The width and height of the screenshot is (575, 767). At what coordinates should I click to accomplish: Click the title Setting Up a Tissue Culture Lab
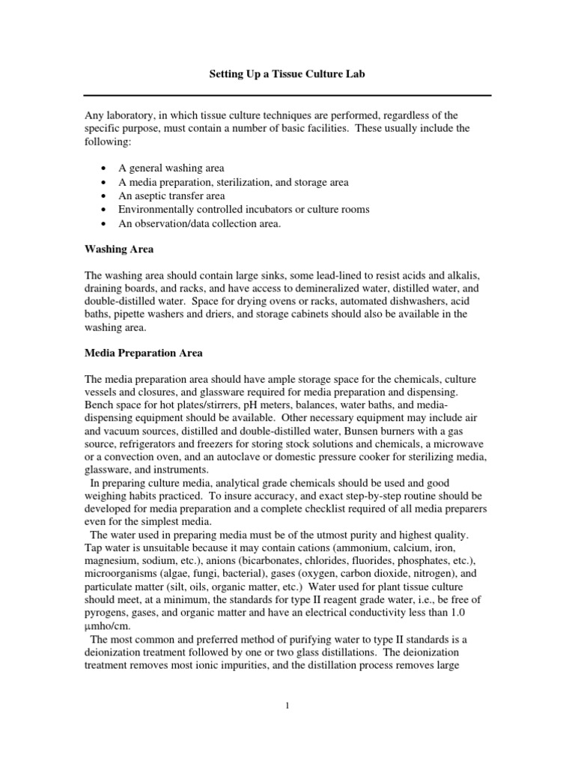[286, 76]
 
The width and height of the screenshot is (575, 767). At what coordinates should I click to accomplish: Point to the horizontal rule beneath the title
[287, 95]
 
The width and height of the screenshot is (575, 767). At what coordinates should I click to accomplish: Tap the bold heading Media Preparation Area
[142, 353]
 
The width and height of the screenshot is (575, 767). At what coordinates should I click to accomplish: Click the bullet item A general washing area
[171, 168]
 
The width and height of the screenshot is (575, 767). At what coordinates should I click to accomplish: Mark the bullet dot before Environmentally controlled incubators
[103, 210]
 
